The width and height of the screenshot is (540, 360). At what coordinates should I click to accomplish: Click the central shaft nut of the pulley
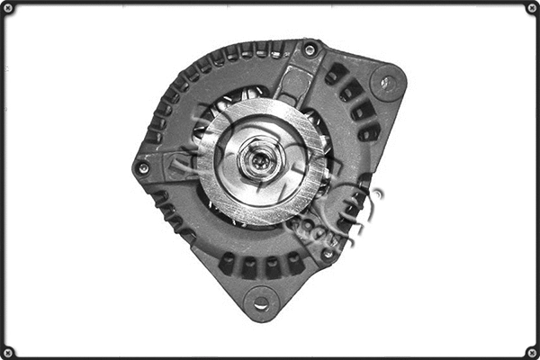click(257, 163)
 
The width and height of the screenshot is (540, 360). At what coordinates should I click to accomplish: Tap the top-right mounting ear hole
click(387, 84)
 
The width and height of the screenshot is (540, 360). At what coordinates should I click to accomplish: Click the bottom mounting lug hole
click(260, 303)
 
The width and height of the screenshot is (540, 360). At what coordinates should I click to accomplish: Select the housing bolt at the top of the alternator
click(310, 49)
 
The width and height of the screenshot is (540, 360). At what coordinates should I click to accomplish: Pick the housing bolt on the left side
click(142, 167)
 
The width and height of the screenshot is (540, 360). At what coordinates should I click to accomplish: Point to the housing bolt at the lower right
click(328, 254)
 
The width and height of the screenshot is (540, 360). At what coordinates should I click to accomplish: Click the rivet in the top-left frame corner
click(8, 8)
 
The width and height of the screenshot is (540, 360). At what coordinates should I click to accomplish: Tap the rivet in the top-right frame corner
click(531, 8)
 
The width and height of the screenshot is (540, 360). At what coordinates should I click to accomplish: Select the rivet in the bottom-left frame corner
click(8, 351)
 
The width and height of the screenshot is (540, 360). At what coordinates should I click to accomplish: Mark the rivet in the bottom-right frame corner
click(531, 351)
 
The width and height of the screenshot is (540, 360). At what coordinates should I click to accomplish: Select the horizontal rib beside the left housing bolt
click(171, 166)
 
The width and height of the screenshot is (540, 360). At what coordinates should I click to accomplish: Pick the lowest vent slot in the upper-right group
click(369, 133)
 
